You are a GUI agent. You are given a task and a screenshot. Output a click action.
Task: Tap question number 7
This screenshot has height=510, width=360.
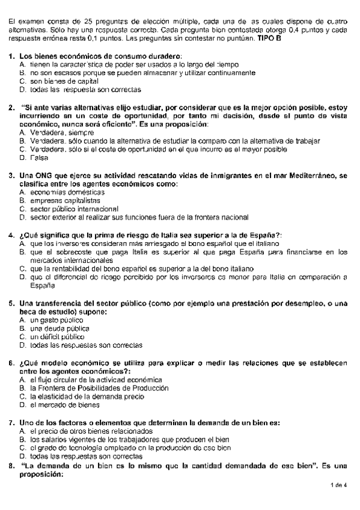click(x=12, y=422)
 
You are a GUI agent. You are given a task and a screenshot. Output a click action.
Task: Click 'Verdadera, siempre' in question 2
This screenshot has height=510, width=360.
click(x=61, y=132)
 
